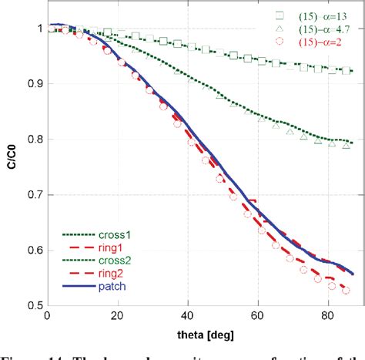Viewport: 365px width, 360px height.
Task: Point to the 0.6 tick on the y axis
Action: point(32,251)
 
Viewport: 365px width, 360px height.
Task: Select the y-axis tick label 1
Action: point(38,29)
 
